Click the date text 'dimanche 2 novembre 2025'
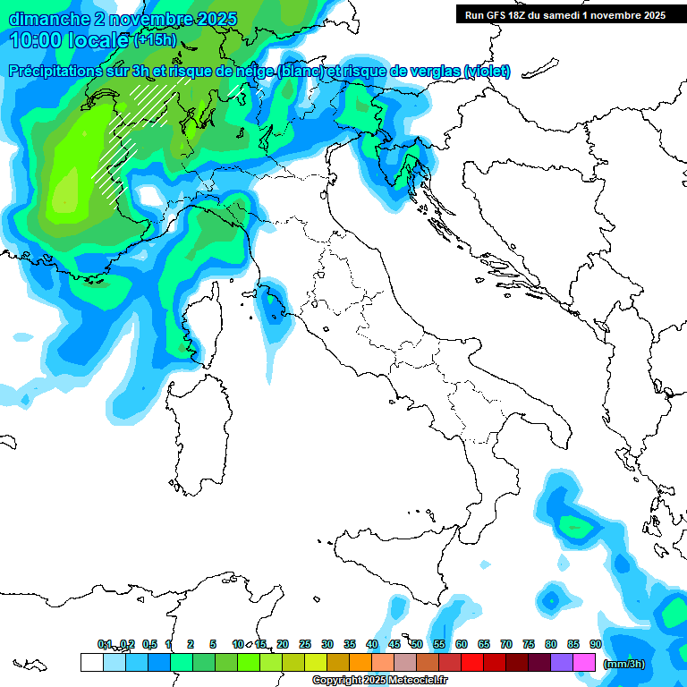(x=123, y=19)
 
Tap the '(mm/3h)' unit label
(x=623, y=663)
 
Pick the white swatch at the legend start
(x=91, y=662)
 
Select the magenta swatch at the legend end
(x=584, y=662)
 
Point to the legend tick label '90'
(x=596, y=644)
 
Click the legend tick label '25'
(x=305, y=644)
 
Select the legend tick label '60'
(x=462, y=644)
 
